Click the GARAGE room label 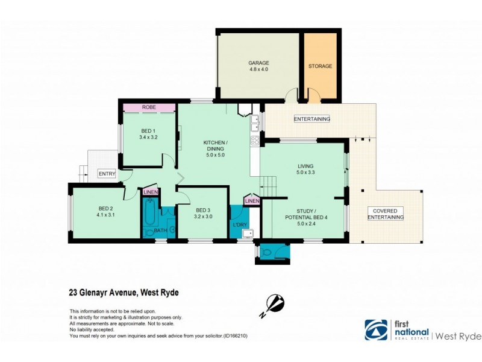pyautogui.click(x=259, y=63)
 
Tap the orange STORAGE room pyautogui.click(x=320, y=66)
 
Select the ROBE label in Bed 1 pyautogui.click(x=149, y=107)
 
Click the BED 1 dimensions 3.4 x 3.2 pyautogui.click(x=149, y=137)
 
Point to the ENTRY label pyautogui.click(x=107, y=173)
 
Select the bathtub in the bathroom pyautogui.click(x=149, y=218)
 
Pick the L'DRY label pyautogui.click(x=239, y=225)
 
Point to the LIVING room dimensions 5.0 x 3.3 pyautogui.click(x=306, y=173)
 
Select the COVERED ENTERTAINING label pyautogui.click(x=386, y=214)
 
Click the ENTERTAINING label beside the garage pyautogui.click(x=311, y=119)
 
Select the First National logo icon pyautogui.click(x=376, y=329)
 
